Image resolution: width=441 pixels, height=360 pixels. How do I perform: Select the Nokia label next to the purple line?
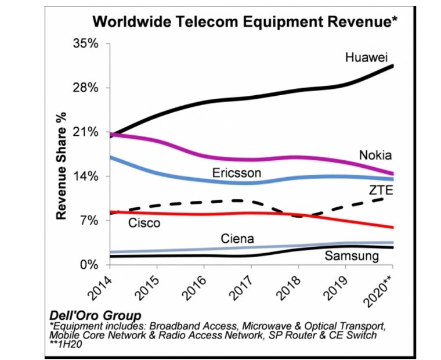tap(375, 155)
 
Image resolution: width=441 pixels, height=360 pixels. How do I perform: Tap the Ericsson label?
tap(236, 173)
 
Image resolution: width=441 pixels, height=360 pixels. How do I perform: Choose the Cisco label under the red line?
tap(143, 222)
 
